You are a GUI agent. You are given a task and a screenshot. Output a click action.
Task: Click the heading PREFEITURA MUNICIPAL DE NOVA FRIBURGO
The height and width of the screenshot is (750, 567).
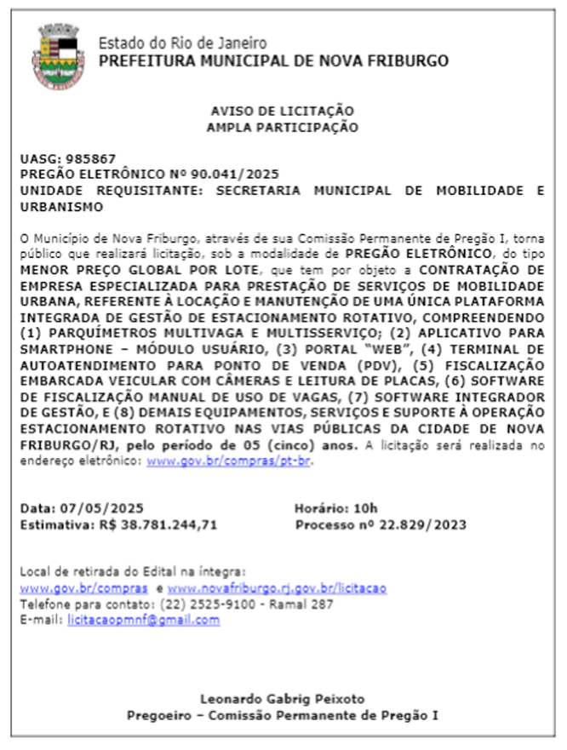point(273,61)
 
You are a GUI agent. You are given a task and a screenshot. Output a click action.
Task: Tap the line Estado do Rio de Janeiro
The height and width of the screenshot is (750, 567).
point(182,43)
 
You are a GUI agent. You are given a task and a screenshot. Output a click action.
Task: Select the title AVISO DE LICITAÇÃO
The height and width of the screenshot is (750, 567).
point(282,112)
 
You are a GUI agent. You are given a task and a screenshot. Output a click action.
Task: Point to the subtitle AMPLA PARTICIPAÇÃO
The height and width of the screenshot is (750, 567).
point(282,128)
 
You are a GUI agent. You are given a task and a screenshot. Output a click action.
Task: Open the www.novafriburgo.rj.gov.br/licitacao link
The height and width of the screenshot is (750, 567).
point(277,588)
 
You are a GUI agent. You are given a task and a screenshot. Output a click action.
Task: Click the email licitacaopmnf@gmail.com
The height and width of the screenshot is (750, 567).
point(143,621)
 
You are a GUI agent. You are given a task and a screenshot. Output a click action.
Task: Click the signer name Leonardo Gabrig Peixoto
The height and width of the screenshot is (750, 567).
point(282,698)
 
